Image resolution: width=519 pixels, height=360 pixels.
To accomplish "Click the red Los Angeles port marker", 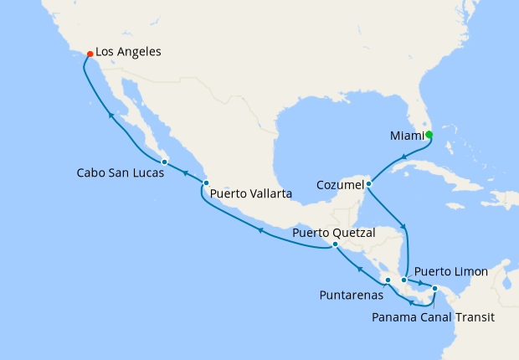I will click(90, 54).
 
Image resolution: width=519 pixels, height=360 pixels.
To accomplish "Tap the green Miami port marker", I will click(429, 134).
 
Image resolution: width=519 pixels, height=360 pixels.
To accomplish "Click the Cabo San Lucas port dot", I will click(165, 162).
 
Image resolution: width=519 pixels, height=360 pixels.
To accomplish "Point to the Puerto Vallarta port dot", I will click(206, 183).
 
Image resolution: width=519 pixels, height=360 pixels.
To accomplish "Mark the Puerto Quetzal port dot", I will click(335, 244).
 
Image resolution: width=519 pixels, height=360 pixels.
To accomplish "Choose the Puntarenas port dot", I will click(388, 280).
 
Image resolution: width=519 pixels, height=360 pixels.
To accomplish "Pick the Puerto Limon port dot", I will click(403, 280).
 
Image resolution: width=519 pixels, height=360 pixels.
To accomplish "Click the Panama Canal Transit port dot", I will click(434, 289).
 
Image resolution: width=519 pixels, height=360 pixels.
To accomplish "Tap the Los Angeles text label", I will click(128, 52).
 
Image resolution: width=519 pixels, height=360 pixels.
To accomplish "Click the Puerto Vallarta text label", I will click(251, 193).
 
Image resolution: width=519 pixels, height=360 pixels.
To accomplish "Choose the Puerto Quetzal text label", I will click(334, 232).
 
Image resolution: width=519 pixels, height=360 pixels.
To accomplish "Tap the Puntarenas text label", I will click(352, 295).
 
